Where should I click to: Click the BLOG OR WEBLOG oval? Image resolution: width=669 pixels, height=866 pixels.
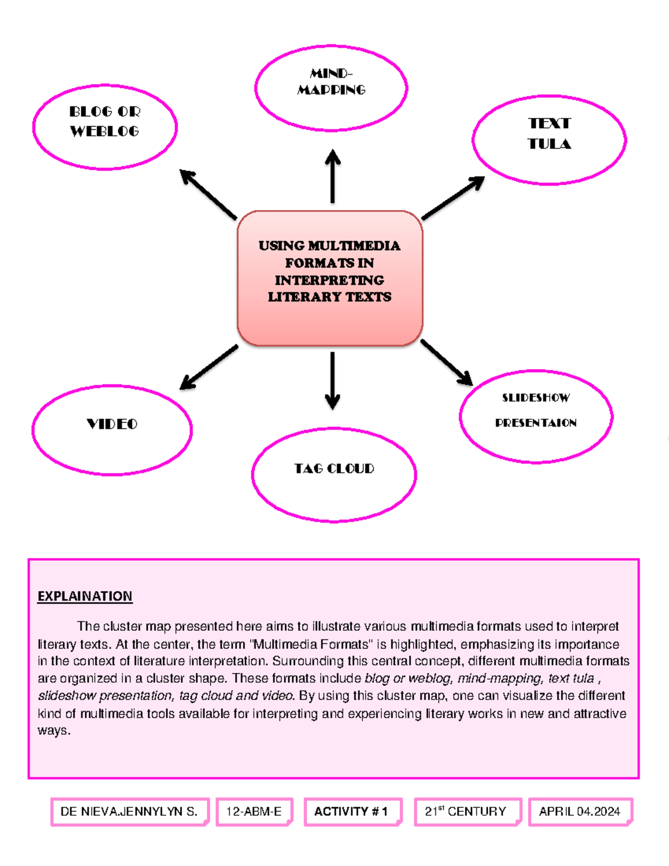tap(105, 127)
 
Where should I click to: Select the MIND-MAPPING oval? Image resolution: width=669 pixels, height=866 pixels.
tap(331, 88)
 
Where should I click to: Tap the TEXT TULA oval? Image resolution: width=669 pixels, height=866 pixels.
tap(549, 139)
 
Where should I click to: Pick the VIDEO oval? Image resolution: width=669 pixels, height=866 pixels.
tap(112, 430)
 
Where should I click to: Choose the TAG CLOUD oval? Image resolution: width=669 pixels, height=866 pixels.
tap(334, 475)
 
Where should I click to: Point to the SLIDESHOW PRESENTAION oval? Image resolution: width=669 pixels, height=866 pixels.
tap(536, 416)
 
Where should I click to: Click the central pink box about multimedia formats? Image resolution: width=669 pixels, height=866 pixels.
tap(329, 278)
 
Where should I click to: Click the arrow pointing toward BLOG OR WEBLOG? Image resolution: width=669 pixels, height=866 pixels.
tap(209, 195)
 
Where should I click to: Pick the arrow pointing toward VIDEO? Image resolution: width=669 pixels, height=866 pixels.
tap(209, 367)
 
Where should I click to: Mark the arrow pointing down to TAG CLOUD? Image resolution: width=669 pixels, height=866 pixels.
tap(332, 380)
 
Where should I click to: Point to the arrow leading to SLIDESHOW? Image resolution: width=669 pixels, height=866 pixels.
tap(447, 362)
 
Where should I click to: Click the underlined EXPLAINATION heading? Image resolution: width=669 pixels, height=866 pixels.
tap(85, 596)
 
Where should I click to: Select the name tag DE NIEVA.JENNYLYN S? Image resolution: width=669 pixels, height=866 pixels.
tap(129, 811)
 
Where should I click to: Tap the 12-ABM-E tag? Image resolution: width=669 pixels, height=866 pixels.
tap(254, 811)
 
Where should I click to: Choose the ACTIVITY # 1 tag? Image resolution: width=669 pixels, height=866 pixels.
tap(351, 811)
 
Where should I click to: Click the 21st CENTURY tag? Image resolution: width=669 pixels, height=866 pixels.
tap(466, 811)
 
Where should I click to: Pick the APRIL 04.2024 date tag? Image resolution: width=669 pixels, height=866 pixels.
tap(579, 811)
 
